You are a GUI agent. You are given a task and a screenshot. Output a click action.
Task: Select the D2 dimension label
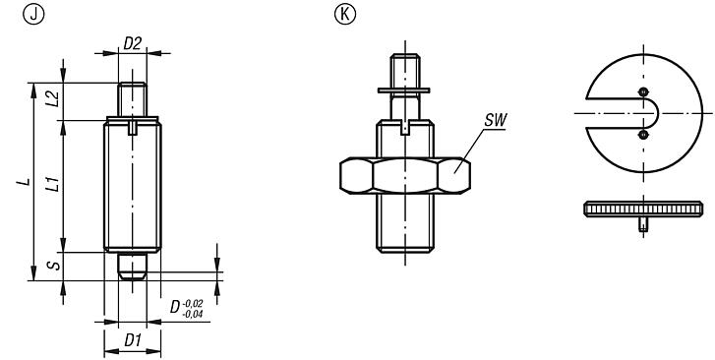pyautogui.click(x=132, y=42)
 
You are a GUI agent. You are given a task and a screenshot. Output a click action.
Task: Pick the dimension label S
pyautogui.click(x=53, y=266)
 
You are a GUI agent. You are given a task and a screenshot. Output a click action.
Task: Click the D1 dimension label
pyautogui.click(x=132, y=340)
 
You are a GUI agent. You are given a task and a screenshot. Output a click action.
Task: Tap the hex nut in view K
pyautogui.click(x=405, y=176)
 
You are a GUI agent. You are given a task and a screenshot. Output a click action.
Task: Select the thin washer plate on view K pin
pyautogui.click(x=404, y=92)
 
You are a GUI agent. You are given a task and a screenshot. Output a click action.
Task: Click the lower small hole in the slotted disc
pyautogui.click(x=642, y=134)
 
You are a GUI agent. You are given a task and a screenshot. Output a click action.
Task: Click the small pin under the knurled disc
pyautogui.click(x=642, y=227)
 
